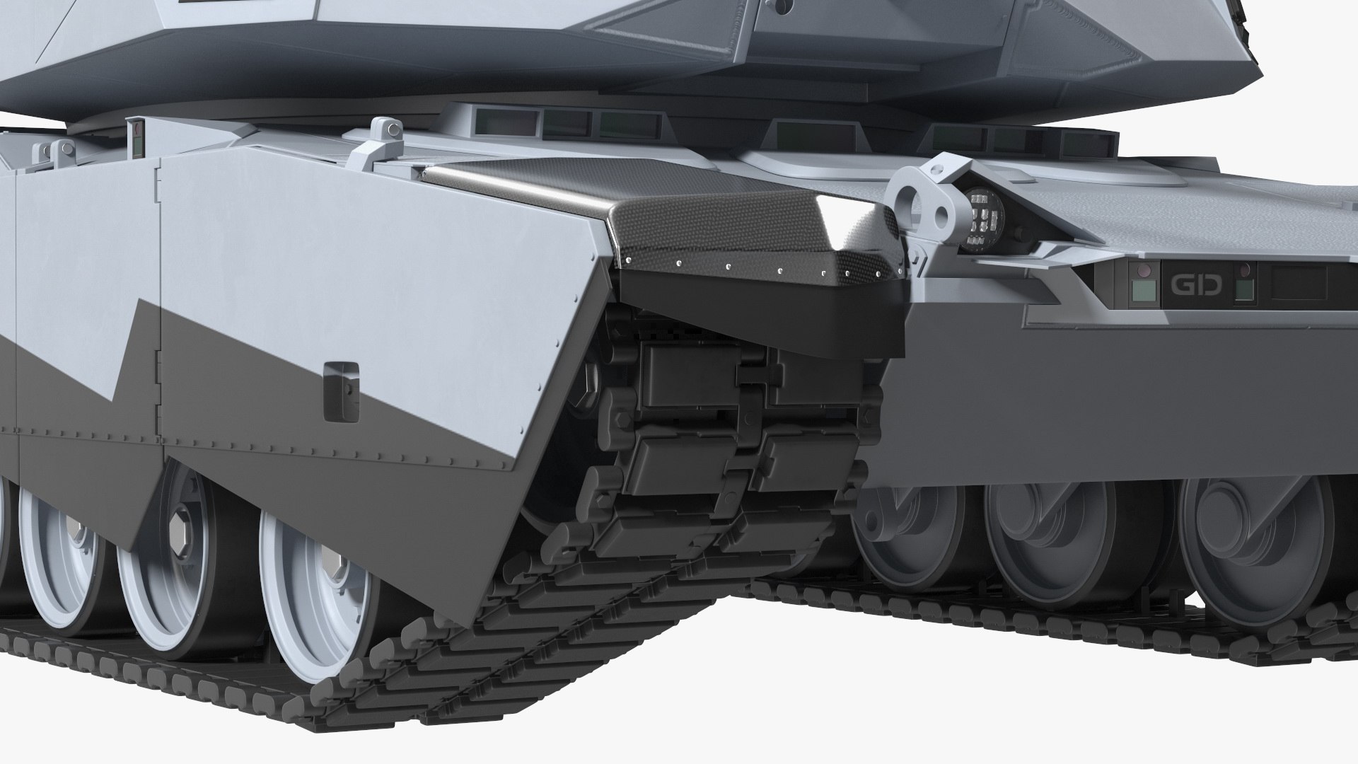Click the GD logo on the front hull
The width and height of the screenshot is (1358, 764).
[1195, 285]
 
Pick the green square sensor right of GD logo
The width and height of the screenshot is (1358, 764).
[1245, 288]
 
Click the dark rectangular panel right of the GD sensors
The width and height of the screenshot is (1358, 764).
[1299, 282]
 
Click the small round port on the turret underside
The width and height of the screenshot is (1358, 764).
[779, 6]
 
